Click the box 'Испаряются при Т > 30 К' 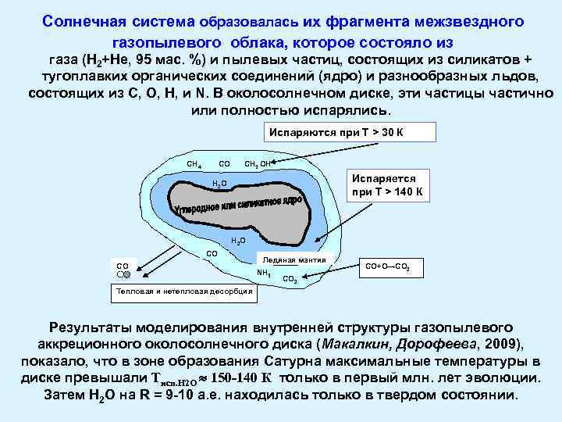(336, 132)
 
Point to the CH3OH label (257, 164)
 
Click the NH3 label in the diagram (263, 273)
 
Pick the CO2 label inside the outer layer (289, 278)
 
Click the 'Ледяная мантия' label (295, 259)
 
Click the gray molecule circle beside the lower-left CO (137, 275)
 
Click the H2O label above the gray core (220, 184)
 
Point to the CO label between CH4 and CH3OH (224, 163)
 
